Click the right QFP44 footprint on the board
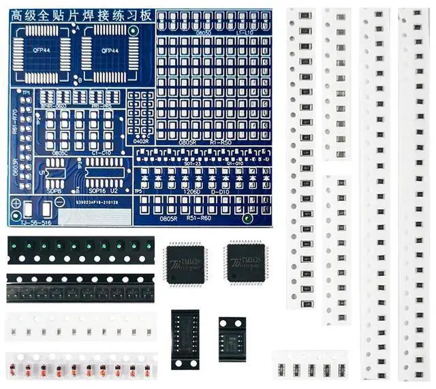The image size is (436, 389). (108, 49)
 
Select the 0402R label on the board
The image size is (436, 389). (140, 142)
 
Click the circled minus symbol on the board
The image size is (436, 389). (247, 219)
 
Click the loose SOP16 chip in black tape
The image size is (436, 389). (185, 339)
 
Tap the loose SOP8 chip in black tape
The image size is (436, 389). (232, 337)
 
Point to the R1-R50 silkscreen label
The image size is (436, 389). (221, 142)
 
